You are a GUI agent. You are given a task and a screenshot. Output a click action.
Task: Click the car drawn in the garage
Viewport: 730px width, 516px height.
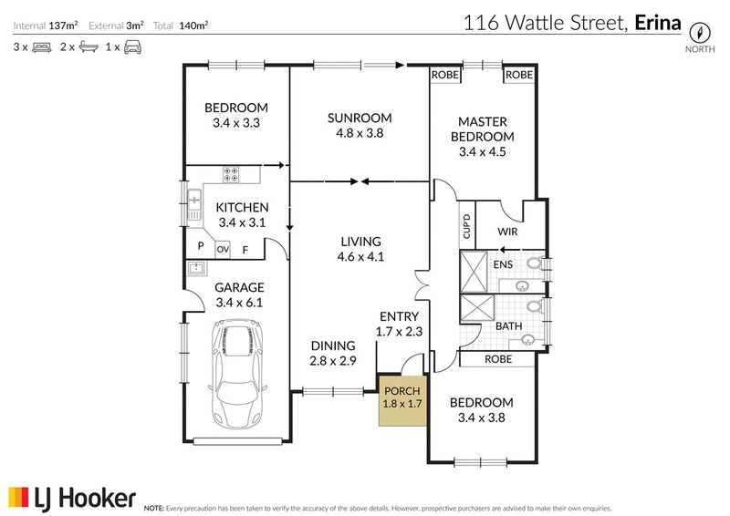pyautogui.click(x=238, y=374)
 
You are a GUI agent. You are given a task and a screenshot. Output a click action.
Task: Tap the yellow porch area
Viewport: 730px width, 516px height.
pyautogui.click(x=402, y=400)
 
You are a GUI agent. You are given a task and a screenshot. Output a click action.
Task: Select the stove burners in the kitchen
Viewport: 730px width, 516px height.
pyautogui.click(x=231, y=174)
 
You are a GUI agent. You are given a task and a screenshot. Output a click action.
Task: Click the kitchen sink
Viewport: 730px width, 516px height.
pyautogui.click(x=194, y=205)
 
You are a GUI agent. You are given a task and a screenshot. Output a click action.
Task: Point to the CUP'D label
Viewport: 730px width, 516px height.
pyautogui.click(x=466, y=226)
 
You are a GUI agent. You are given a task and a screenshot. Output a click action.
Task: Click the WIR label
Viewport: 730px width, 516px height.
pyautogui.click(x=507, y=232)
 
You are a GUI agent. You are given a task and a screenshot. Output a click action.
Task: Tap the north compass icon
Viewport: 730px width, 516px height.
pyautogui.click(x=700, y=33)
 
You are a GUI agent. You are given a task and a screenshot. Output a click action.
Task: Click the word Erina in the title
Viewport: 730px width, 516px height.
pyautogui.click(x=658, y=22)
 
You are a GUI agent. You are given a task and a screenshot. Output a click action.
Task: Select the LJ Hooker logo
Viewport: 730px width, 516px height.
pyautogui.click(x=72, y=499)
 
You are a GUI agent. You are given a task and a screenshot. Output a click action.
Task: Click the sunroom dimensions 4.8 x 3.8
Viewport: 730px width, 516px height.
pyautogui.click(x=360, y=133)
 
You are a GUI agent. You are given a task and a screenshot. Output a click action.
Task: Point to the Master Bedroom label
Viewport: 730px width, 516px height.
pyautogui.click(x=483, y=129)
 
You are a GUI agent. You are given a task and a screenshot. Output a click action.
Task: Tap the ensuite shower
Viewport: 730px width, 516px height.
pyautogui.click(x=474, y=273)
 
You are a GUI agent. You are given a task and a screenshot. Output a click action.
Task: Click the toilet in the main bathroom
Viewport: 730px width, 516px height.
pyautogui.click(x=535, y=306)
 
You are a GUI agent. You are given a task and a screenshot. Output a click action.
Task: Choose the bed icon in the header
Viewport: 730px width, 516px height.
pyautogui.click(x=42, y=47)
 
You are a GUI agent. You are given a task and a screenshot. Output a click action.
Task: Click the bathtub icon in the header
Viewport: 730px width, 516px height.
pyautogui.click(x=89, y=47)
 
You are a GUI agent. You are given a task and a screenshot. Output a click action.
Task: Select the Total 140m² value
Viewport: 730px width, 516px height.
pyautogui.click(x=193, y=26)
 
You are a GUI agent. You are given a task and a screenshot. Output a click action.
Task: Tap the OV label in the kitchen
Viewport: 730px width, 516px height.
pyautogui.click(x=223, y=250)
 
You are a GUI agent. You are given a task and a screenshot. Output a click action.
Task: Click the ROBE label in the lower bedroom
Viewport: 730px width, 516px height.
pyautogui.click(x=498, y=359)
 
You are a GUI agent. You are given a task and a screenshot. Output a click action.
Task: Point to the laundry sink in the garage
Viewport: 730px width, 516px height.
pyautogui.click(x=197, y=267)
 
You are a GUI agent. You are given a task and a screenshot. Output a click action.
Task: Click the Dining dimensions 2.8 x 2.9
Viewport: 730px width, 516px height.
pyautogui.click(x=333, y=361)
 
